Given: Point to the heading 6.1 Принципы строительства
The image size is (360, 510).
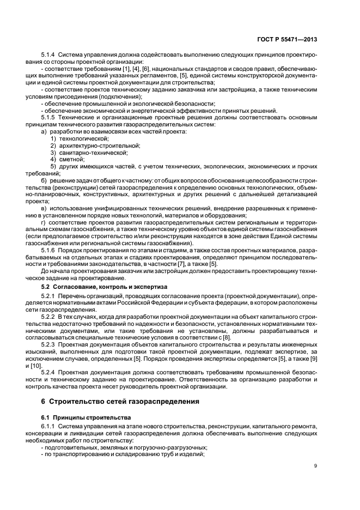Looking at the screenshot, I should click(79, 417).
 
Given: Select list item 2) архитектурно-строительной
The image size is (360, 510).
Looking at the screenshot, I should click(87, 145).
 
